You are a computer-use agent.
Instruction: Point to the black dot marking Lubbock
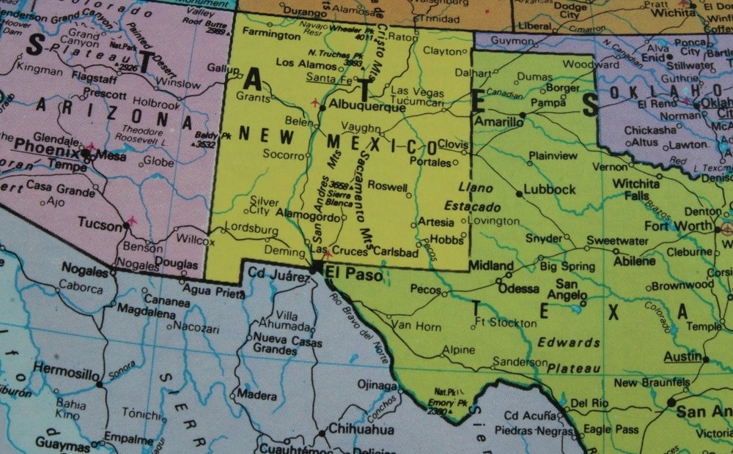tap(519, 193)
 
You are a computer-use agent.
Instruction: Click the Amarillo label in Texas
tap(498, 122)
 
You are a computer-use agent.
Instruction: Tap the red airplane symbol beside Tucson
tap(133, 220)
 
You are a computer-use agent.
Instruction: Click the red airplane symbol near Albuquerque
tap(315, 103)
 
